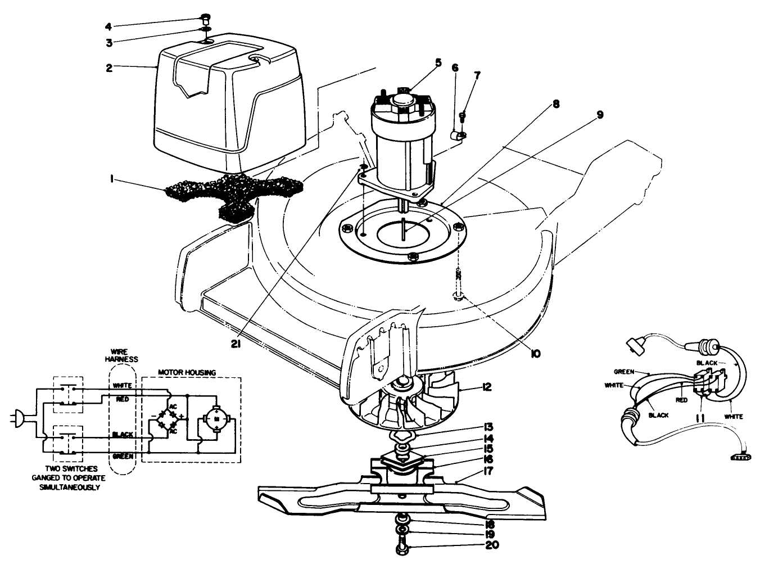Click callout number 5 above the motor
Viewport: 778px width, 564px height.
click(x=438, y=62)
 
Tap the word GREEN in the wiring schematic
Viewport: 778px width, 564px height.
click(x=123, y=456)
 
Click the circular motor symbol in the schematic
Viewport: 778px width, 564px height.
click(x=215, y=419)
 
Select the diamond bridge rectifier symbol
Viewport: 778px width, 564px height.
click(x=167, y=419)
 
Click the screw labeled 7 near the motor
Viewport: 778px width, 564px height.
click(x=462, y=117)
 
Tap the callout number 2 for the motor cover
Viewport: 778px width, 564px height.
click(x=109, y=67)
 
